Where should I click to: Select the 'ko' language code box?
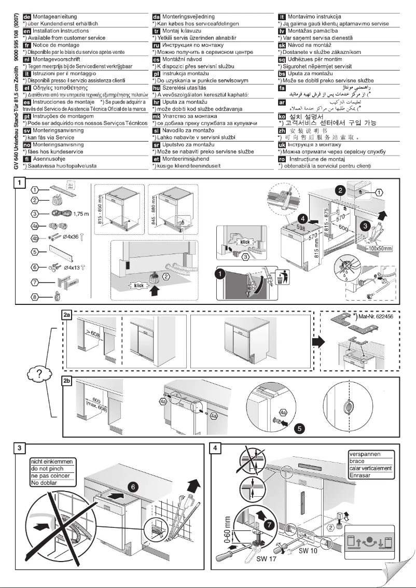click(x=283, y=117)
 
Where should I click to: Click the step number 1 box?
click(x=19, y=184)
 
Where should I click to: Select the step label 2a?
click(x=66, y=314)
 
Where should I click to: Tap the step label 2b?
click(x=66, y=380)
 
